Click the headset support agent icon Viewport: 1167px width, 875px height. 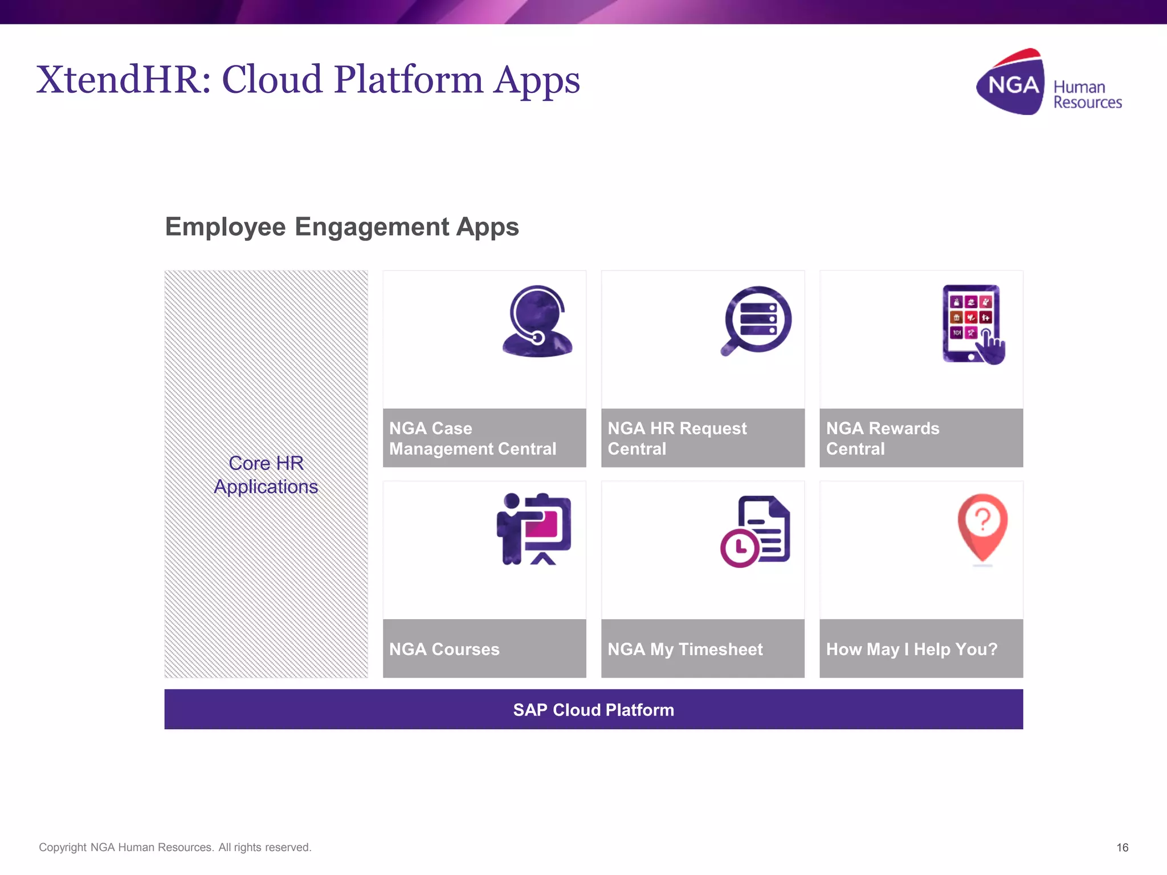(x=537, y=321)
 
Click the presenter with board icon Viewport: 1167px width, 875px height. (x=534, y=529)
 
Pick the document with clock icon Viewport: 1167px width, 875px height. (x=756, y=531)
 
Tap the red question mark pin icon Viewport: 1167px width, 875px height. (x=982, y=528)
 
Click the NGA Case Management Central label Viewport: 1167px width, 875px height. (x=472, y=438)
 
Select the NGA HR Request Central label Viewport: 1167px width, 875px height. (x=676, y=438)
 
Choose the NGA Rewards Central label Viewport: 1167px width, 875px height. (x=882, y=438)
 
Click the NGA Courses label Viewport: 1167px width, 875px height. (x=444, y=649)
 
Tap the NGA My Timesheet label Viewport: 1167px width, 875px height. (x=685, y=649)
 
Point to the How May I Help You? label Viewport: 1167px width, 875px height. (x=911, y=649)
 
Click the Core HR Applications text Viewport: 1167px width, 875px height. (x=266, y=475)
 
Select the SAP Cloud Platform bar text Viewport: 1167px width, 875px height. (x=593, y=710)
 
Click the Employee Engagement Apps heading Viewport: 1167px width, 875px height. (x=342, y=227)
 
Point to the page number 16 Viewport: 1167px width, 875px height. (x=1122, y=847)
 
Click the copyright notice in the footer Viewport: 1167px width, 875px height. (x=175, y=847)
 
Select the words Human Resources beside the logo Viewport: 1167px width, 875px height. (x=1087, y=95)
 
